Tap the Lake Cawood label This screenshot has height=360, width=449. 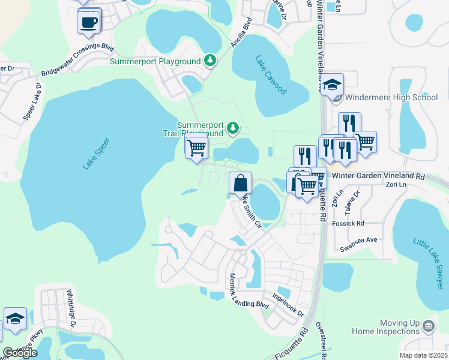tap(271, 75)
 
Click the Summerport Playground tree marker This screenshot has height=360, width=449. tap(210, 60)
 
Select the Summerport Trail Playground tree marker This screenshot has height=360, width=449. tap(233, 128)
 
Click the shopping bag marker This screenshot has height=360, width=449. tap(240, 183)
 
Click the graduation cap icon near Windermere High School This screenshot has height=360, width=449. tap(331, 85)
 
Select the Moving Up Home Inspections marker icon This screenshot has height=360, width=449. tap(429, 326)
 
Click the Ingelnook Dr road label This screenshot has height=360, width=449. tap(288, 305)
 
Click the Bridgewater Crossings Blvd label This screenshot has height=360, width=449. tap(77, 60)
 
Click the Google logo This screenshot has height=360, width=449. tap(20, 353)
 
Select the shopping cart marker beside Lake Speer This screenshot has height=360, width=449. tap(196, 148)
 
